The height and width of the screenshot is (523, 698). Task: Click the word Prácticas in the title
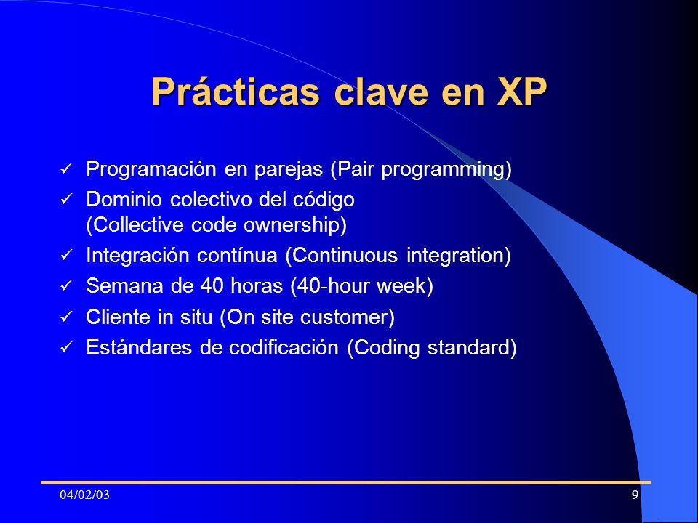236,92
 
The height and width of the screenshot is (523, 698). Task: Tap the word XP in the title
522,92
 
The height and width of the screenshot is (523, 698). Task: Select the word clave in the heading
381,92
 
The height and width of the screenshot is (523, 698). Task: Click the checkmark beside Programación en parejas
66,169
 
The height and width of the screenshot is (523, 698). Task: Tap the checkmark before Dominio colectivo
66,199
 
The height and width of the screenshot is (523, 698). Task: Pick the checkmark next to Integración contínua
66,255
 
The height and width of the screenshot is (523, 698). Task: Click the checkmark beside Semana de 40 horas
66,285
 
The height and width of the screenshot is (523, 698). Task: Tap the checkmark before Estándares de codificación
66,347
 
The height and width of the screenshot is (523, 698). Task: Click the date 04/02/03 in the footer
84,495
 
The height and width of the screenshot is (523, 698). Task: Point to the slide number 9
635,495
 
